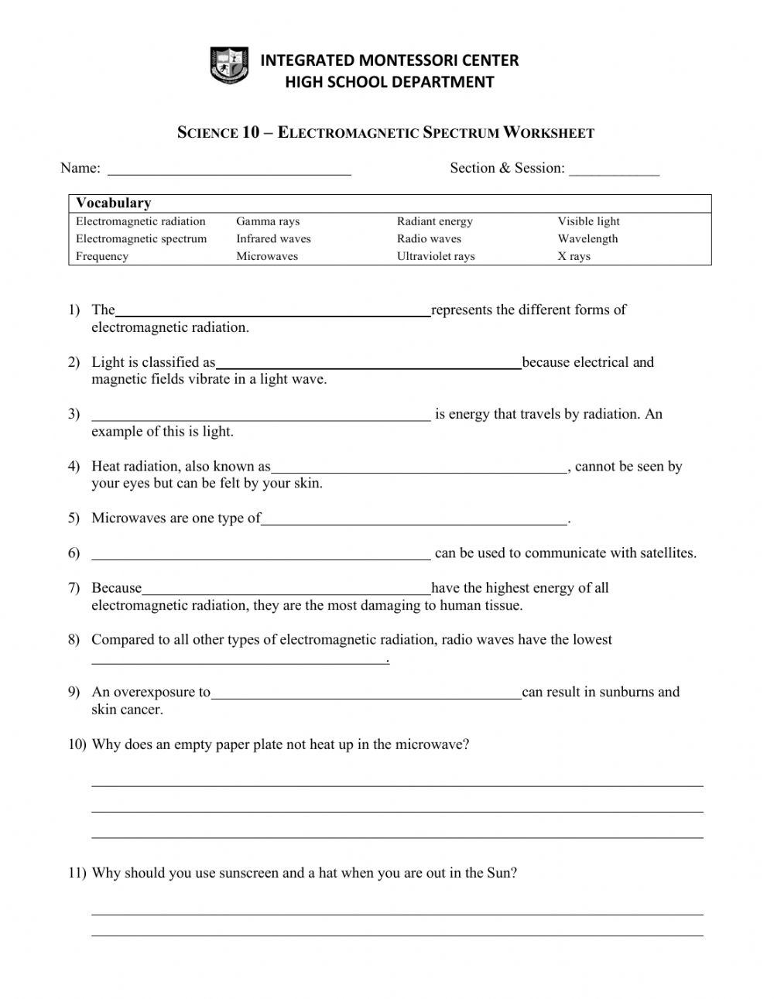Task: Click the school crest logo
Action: (229, 66)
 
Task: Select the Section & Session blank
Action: (615, 173)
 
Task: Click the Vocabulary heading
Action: (113, 204)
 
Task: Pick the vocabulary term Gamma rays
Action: (268, 221)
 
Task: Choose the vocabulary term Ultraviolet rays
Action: (436, 257)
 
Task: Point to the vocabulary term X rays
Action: (574, 257)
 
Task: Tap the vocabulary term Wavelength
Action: (587, 239)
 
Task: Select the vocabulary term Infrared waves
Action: (273, 239)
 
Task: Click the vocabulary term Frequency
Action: (102, 257)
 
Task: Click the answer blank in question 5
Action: (414, 522)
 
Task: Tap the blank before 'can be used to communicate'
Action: (261, 556)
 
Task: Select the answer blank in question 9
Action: (366, 696)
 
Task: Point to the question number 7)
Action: (74, 588)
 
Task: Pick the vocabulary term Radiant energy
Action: (434, 221)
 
